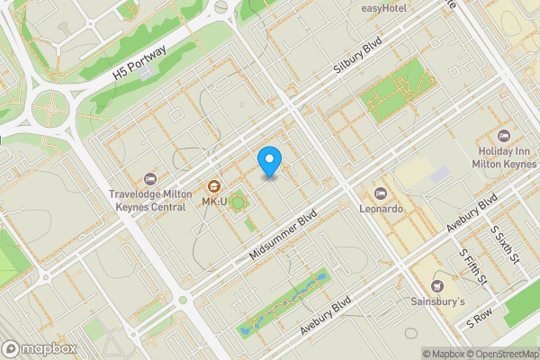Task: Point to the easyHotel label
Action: coord(384,8)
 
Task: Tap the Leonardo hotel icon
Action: coord(381,193)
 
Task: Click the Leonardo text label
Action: coord(381,208)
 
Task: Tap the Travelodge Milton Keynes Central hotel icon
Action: coord(149,177)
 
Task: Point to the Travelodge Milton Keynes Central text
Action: coord(149,199)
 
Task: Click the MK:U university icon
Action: coord(214,186)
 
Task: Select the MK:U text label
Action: coord(214,202)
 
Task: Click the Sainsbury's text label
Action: coord(438,301)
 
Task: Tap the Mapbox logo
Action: coord(39,348)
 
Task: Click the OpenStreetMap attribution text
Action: coord(500,354)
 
